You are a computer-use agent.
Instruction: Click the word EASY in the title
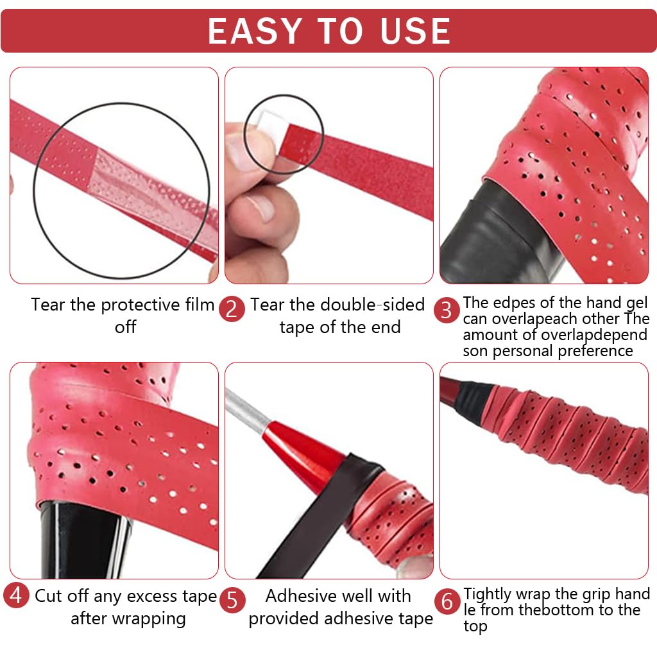point(254,31)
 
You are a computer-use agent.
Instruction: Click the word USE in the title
point(414,31)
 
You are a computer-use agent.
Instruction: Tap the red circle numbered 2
point(232,309)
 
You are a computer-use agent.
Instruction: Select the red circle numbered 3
point(447,311)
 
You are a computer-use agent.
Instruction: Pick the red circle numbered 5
point(232,601)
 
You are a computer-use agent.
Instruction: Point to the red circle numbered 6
point(447,602)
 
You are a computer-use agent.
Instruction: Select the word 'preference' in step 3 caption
point(595,351)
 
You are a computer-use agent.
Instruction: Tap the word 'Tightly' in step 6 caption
point(488,594)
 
